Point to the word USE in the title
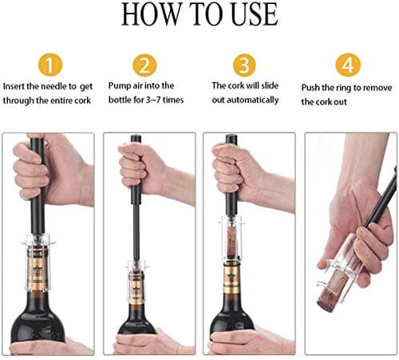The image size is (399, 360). coord(249,16)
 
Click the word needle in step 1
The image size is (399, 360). coord(77,86)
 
